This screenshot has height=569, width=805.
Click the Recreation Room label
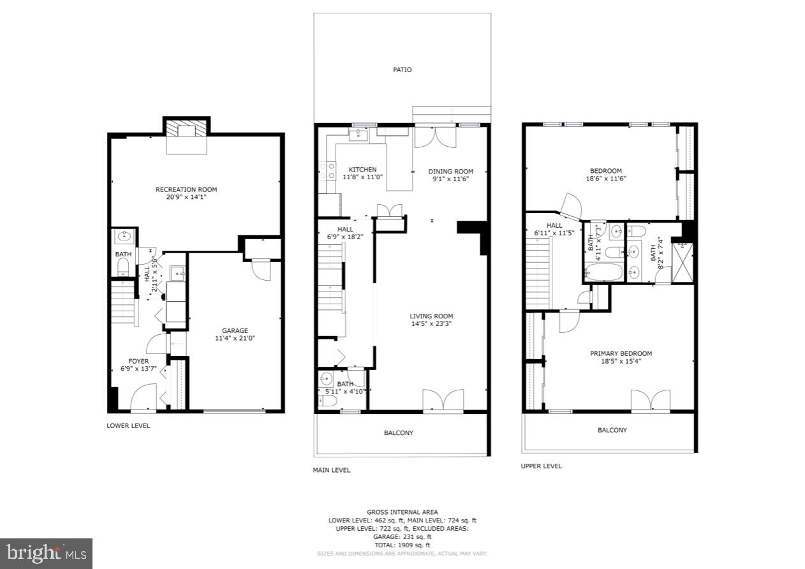click(186, 189)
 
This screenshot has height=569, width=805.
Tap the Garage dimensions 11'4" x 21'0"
click(235, 338)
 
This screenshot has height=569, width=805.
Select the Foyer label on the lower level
click(138, 361)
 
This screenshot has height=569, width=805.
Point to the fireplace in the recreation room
click(187, 134)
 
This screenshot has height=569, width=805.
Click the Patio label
click(402, 70)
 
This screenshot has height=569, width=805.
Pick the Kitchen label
click(362, 169)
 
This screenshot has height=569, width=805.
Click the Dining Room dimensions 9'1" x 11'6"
click(450, 179)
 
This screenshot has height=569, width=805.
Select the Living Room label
click(431, 316)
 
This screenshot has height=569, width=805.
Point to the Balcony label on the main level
click(399, 433)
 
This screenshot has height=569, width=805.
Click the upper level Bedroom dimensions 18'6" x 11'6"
click(605, 179)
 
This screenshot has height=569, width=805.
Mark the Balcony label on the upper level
click(612, 430)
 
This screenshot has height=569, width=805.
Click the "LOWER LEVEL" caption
click(128, 425)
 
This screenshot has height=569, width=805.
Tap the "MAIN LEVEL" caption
click(331, 470)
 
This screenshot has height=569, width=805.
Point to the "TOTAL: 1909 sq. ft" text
click(402, 545)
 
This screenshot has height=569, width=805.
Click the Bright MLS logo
click(46, 553)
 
